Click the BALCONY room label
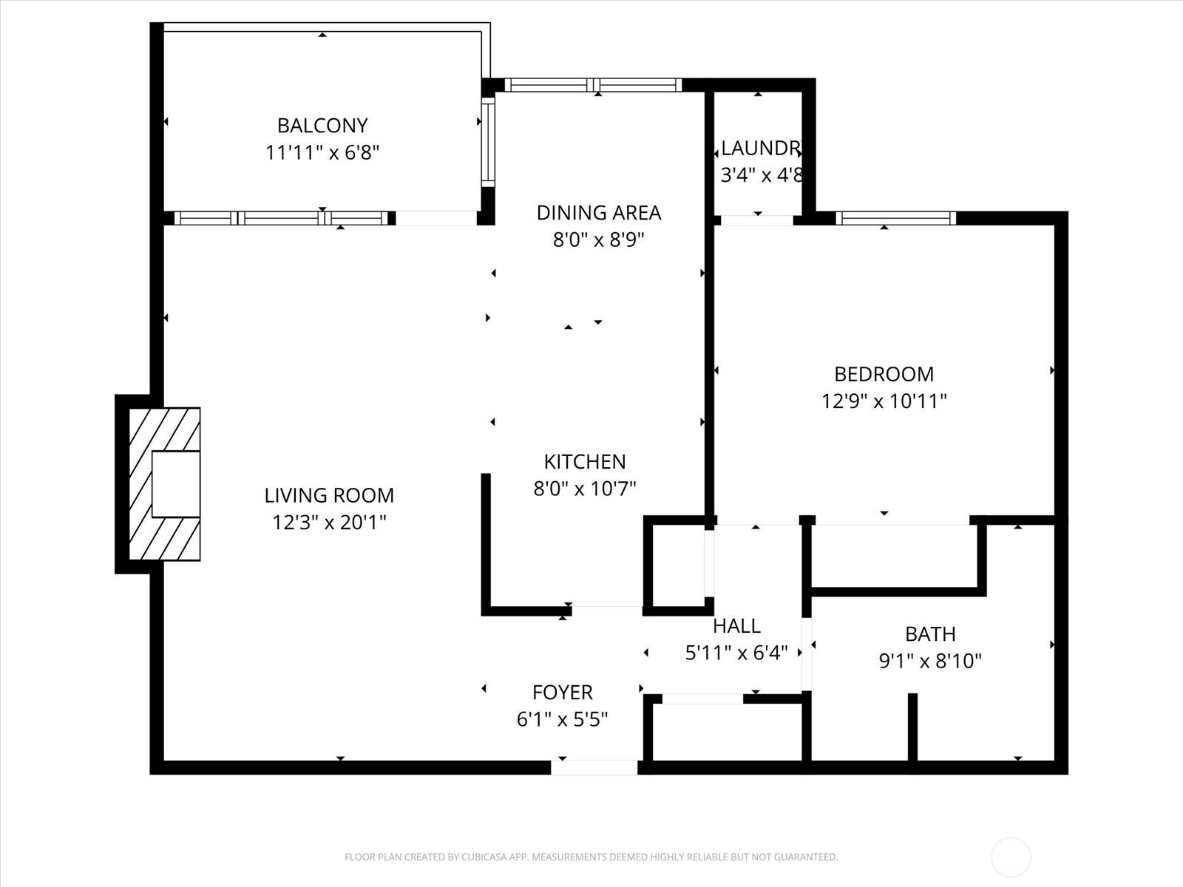click(x=322, y=126)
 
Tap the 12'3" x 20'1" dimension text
click(x=329, y=523)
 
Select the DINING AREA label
click(x=598, y=213)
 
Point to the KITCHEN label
click(x=585, y=462)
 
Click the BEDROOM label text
click(x=884, y=374)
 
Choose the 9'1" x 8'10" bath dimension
click(x=930, y=661)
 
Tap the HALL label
click(x=736, y=626)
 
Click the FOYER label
click(x=562, y=693)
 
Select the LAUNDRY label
click(x=762, y=149)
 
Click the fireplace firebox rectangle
click(x=176, y=484)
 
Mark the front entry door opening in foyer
click(x=594, y=767)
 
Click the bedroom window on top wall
click(x=895, y=218)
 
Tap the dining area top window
click(x=593, y=85)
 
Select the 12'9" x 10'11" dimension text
click(x=884, y=401)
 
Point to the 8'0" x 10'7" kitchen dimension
click(x=585, y=489)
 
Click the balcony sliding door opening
click(x=436, y=218)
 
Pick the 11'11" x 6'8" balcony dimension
click(x=322, y=153)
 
